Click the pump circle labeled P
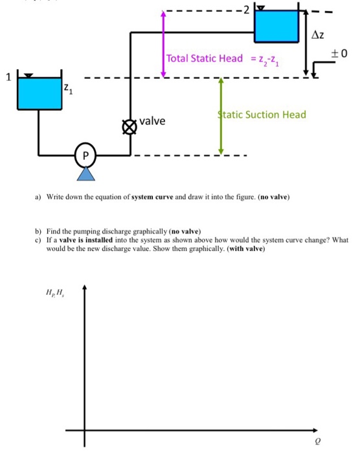pos(85,155)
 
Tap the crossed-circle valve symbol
pos(131,126)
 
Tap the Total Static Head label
pos(205,59)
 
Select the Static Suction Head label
pos(262,115)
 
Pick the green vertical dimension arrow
pos(221,116)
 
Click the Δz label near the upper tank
pos(318,34)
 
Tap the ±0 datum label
pos(340,52)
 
